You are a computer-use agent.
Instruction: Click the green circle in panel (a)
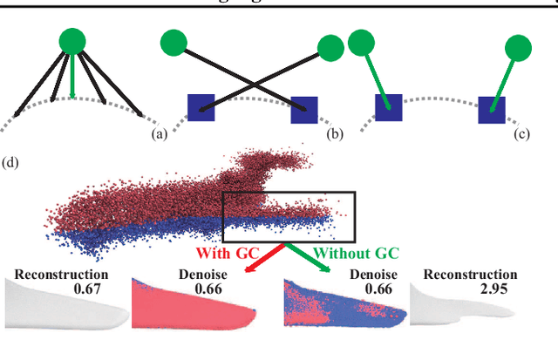pos(73,41)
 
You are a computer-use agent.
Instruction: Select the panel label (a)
pos(159,134)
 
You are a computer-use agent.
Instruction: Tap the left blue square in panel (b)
pos(201,109)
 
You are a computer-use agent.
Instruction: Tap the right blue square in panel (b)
pos(304,110)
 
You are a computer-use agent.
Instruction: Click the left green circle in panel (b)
pos(174,42)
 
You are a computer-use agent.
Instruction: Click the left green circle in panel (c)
pos(359,43)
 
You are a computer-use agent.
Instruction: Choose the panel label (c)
pos(522,134)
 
